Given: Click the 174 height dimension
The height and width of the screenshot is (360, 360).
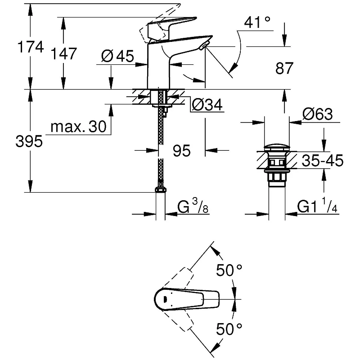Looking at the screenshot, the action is [x=31, y=47].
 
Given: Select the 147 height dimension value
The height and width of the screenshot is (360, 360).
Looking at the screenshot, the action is [x=63, y=54].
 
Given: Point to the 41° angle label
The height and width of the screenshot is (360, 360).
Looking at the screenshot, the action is [x=257, y=22].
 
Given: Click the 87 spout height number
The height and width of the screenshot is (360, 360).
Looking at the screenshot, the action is [x=284, y=68].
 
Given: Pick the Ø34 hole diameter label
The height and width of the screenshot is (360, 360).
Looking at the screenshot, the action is [x=207, y=105].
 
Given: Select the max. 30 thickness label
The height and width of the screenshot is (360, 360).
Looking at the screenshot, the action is [x=78, y=126].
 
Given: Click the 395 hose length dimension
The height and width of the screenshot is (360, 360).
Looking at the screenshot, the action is [x=29, y=141].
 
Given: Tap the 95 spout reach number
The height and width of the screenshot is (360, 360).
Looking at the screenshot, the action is [x=182, y=151].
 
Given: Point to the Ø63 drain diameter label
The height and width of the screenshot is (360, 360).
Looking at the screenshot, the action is [x=318, y=114].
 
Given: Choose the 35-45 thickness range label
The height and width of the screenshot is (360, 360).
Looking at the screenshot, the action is [x=323, y=160].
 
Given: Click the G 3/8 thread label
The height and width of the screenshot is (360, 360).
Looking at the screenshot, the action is [x=193, y=206].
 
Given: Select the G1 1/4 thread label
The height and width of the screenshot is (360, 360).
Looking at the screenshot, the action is [x=317, y=206].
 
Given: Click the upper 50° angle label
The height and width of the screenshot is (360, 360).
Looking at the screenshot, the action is [x=229, y=270].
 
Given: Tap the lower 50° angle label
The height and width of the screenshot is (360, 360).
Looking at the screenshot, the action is [x=229, y=329].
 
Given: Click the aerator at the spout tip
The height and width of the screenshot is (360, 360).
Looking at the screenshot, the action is [x=203, y=46].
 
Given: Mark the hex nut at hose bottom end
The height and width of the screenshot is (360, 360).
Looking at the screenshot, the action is [x=161, y=189].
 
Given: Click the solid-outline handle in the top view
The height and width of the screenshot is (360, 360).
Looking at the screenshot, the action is [x=187, y=299].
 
